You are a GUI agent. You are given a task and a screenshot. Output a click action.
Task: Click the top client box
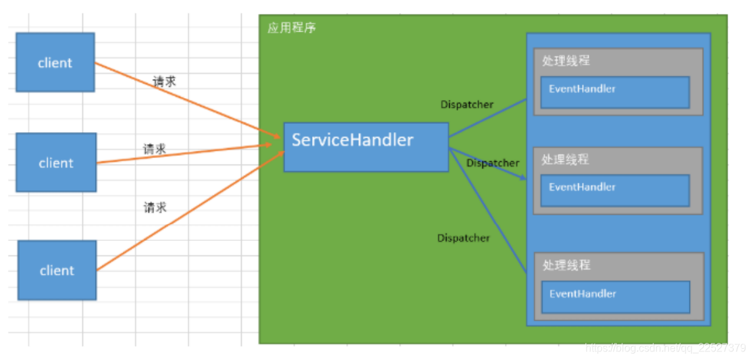[55, 63]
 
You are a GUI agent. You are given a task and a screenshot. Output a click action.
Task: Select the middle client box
[56, 163]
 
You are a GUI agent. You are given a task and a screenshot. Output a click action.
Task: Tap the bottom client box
[57, 270]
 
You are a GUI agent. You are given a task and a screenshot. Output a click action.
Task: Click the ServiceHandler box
[365, 147]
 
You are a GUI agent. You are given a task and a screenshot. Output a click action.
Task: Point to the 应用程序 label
[291, 28]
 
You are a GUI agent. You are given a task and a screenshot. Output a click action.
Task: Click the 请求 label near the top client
[165, 82]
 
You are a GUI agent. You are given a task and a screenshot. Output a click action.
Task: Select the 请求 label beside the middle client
[155, 149]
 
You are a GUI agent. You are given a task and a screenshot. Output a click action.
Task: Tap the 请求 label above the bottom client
[155, 207]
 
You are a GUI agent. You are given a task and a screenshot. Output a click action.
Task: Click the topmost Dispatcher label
[466, 104]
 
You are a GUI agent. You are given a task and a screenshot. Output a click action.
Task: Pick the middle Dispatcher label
[493, 163]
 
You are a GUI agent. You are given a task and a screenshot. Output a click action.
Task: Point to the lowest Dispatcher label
[463, 238]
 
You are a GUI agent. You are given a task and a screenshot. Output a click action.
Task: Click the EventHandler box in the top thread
[614, 92]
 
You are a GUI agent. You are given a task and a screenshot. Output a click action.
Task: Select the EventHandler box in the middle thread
[614, 190]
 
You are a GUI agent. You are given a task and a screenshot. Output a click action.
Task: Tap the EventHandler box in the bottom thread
[615, 297]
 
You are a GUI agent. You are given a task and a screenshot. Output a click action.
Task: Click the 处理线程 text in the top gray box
[566, 61]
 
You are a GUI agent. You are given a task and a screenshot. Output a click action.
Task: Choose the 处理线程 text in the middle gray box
[565, 159]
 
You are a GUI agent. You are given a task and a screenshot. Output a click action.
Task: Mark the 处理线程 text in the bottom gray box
[566, 265]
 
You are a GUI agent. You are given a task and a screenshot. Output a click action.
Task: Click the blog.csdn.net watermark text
[665, 347]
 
